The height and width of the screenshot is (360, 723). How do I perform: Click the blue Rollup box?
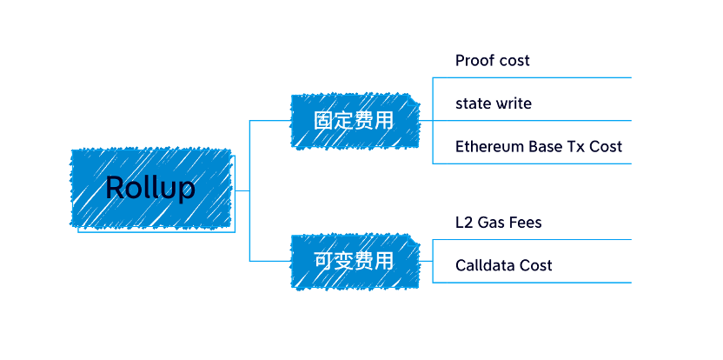(x=150, y=188)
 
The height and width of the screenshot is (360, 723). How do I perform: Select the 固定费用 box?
(x=354, y=119)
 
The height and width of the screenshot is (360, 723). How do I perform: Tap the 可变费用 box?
(x=354, y=260)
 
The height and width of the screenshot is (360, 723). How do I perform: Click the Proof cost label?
(x=492, y=61)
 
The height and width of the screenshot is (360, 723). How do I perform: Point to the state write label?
(x=493, y=103)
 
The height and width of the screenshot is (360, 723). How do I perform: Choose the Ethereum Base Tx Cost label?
(x=538, y=146)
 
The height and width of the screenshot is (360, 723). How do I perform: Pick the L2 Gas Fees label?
(x=498, y=223)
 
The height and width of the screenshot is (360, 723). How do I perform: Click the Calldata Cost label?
(x=503, y=265)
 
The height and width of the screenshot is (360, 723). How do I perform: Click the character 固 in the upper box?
(x=323, y=119)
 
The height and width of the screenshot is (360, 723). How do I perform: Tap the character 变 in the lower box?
(x=343, y=260)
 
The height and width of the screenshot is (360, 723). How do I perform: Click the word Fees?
(x=524, y=223)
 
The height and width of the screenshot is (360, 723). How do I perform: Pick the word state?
(x=473, y=103)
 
